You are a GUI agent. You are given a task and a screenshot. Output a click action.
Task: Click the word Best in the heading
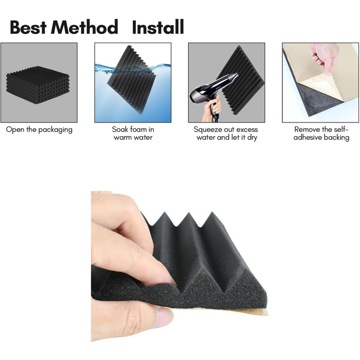[28, 27]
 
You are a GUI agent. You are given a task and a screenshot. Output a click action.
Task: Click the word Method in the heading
[84, 27]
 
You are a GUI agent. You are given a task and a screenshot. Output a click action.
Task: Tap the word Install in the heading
[158, 27]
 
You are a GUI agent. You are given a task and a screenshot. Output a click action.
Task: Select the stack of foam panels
[38, 85]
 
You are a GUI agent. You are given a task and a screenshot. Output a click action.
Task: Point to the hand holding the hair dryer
[212, 108]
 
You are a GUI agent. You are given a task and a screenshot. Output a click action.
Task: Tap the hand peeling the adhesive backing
[323, 59]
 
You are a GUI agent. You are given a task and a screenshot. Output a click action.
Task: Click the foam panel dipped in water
[131, 80]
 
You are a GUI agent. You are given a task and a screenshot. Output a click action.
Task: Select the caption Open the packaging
[39, 130]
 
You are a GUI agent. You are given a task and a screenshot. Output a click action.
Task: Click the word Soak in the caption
[120, 129]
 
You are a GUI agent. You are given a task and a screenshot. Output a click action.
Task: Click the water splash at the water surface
[133, 68]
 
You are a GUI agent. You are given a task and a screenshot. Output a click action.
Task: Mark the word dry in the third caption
[252, 137]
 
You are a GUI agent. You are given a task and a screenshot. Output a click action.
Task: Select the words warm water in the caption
[133, 137]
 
